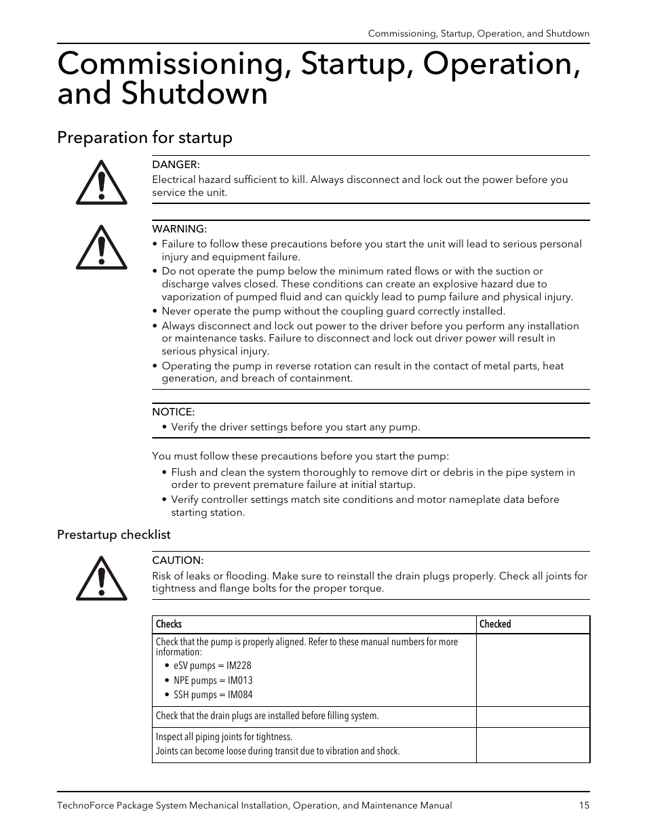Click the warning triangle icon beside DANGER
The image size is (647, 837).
point(101,183)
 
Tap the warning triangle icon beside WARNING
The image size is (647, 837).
point(101,247)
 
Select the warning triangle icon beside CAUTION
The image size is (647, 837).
point(101,579)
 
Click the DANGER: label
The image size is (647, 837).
point(176,165)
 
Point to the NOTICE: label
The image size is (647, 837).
point(173,412)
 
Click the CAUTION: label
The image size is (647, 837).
point(178,560)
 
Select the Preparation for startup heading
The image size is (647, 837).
point(144,138)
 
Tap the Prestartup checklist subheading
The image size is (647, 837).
point(113,535)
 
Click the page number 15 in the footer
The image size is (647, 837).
point(584,805)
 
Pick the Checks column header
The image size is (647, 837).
point(169,624)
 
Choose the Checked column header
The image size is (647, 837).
point(495,624)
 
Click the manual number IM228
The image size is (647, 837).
point(239,666)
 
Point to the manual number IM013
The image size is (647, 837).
point(240,680)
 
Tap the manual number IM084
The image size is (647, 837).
point(240,695)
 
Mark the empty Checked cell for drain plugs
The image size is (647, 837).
point(532,716)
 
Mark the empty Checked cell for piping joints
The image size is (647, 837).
point(532,745)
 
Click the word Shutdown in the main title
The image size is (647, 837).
point(195,94)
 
